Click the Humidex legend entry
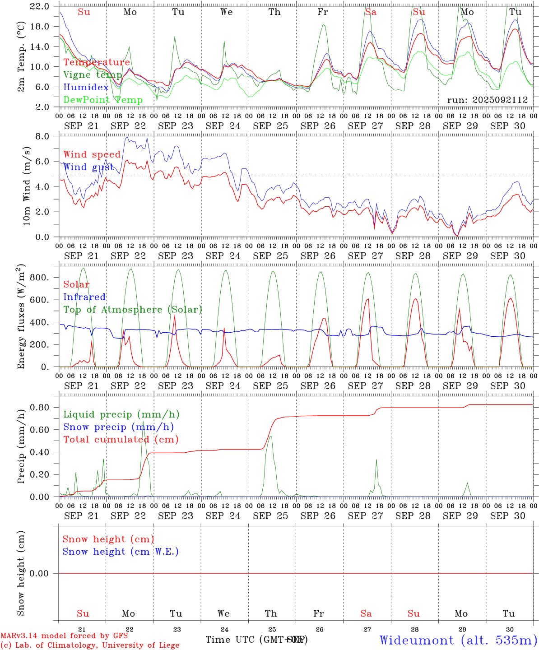(x=86, y=88)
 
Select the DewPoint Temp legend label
(x=103, y=100)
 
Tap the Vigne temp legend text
(x=93, y=75)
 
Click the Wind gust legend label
(x=88, y=167)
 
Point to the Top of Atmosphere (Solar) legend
(x=133, y=310)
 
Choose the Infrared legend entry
(x=84, y=297)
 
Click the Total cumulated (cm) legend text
(x=121, y=439)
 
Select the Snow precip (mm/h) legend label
(x=118, y=427)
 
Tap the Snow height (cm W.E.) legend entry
(x=121, y=552)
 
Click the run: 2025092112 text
(x=487, y=100)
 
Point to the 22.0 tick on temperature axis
(x=40, y=6)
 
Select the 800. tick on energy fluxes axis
(x=38, y=277)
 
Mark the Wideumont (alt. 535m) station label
(x=458, y=640)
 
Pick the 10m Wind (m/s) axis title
(x=27, y=186)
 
